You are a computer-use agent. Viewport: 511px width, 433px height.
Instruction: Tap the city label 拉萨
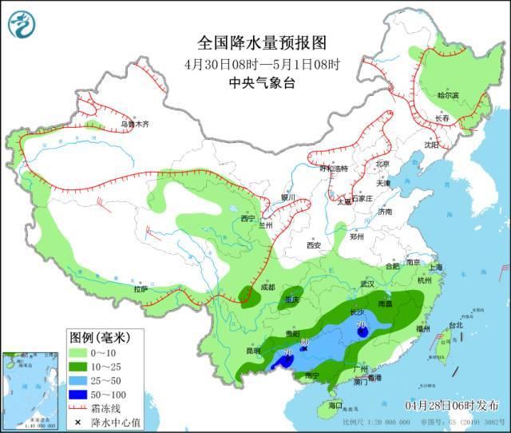click(x=141, y=289)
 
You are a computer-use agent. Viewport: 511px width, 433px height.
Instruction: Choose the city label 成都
click(x=265, y=287)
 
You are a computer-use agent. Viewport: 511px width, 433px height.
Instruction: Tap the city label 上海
click(x=435, y=268)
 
